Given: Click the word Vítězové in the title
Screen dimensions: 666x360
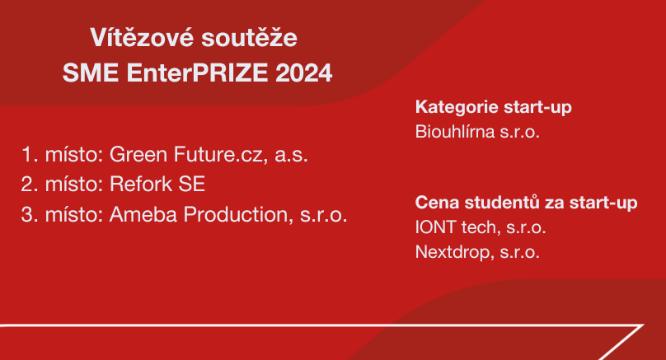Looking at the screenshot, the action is click(x=142, y=37).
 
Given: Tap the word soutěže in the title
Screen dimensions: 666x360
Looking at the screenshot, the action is click(x=249, y=37).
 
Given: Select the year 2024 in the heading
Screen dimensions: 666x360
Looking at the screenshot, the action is click(x=303, y=72).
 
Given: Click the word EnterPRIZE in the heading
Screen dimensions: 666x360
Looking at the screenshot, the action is click(x=197, y=72).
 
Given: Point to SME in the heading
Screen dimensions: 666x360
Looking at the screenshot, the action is click(x=91, y=72).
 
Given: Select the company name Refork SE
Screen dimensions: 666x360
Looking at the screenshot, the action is click(x=157, y=185).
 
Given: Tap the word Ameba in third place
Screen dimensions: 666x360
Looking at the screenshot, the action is click(x=143, y=214).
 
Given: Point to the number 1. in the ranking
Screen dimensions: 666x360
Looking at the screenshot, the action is click(x=30, y=155).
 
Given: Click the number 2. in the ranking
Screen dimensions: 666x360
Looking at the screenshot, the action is click(x=30, y=185).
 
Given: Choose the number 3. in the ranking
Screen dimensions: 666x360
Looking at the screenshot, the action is click(x=30, y=214).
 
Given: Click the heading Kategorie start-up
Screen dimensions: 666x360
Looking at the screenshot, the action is click(x=494, y=107).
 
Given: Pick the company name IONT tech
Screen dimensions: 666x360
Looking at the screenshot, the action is click(x=456, y=227).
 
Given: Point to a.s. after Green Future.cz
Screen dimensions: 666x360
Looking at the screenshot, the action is click(x=292, y=156).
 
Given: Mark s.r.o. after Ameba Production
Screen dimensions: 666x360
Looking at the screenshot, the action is click(x=324, y=215).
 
